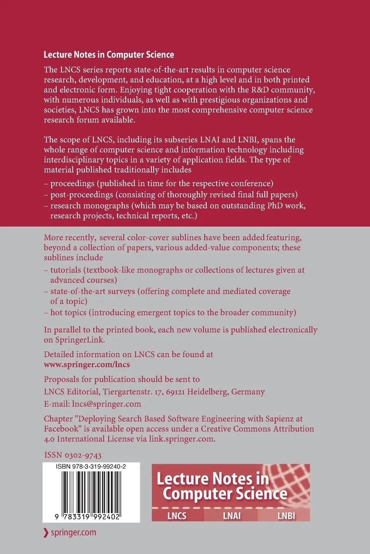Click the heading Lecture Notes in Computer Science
point(109,55)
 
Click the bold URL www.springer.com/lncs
point(86,364)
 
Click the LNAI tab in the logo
point(231,516)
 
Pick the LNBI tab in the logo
point(286,516)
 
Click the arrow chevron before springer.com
point(46,532)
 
